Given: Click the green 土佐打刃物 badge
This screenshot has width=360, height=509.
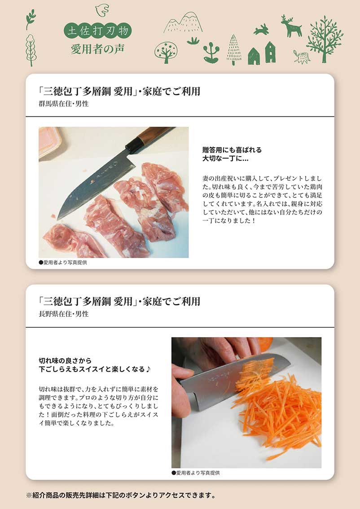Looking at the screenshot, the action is tap(98, 31).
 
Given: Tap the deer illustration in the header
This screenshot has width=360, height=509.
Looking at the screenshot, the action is tap(291, 26).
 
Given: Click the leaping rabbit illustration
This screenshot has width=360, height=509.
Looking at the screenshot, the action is tap(261, 30).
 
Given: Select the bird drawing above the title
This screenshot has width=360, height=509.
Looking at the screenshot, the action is tap(102, 10).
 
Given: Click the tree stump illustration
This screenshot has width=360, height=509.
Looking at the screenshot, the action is tap(302, 57).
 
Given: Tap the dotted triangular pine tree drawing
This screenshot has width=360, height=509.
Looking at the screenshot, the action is tap(234, 50).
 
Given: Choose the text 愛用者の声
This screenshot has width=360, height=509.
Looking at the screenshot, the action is tap(98, 49).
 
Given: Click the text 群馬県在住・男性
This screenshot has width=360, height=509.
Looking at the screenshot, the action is tap(64, 104).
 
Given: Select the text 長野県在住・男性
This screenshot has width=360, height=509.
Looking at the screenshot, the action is tap(64, 314).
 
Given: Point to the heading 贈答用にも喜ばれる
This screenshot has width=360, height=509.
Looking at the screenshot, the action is tap(232, 150).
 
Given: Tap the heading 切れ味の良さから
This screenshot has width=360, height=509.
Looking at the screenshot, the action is tap(65, 360).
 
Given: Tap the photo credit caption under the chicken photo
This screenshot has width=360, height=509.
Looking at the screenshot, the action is tap(63, 263).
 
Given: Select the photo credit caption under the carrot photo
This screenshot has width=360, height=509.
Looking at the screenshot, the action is tap(195, 473).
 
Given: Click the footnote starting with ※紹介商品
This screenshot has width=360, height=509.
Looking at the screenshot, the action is tap(121, 496).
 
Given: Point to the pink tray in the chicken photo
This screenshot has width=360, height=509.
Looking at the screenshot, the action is tap(49, 141).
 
